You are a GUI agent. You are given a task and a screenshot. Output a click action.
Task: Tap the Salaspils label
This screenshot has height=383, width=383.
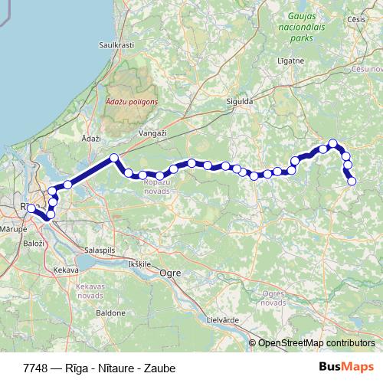(x=99, y=250)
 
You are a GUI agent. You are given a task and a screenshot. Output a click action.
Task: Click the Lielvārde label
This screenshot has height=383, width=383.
(x=224, y=319)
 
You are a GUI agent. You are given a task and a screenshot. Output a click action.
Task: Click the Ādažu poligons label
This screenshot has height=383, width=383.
(x=131, y=101)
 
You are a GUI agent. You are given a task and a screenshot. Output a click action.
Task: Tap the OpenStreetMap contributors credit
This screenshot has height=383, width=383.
(x=316, y=342)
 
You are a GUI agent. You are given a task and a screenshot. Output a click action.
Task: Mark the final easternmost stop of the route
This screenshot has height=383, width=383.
(x=352, y=181)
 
